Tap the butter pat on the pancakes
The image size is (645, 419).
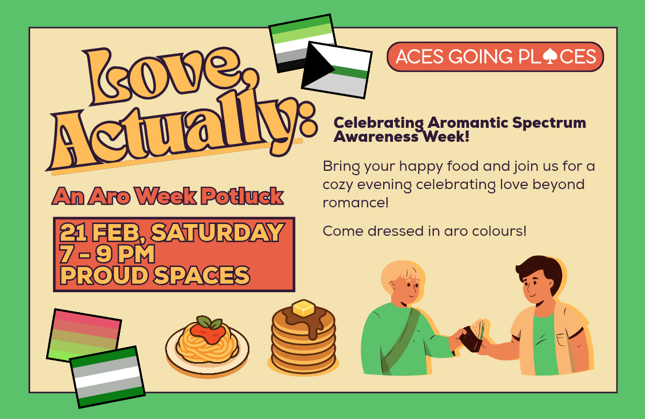pyautogui.click(x=304, y=308)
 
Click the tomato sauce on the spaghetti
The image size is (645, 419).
pyautogui.click(x=208, y=333)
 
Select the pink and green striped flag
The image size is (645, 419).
pyautogui.click(x=84, y=335)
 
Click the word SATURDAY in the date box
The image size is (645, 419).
pyautogui.click(x=217, y=233)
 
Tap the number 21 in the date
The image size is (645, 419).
pyautogui.click(x=73, y=233)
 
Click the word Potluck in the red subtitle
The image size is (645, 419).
pyautogui.click(x=242, y=196)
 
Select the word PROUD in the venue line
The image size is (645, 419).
pyautogui.click(x=104, y=275)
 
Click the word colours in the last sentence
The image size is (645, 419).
pyautogui.click(x=497, y=231)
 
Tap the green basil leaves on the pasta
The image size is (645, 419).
pyautogui.click(x=210, y=322)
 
